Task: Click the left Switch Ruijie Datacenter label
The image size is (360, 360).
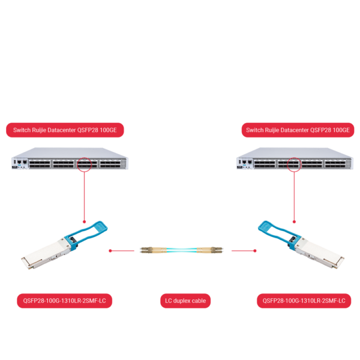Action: [x=65, y=130]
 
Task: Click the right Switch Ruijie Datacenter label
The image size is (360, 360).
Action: [x=296, y=130]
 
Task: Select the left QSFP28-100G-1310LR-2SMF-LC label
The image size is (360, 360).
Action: [x=64, y=300]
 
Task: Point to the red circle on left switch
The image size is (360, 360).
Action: [x=84, y=164]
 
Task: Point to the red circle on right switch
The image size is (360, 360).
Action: [x=294, y=164]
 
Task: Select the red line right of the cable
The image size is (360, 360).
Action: [x=243, y=251]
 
